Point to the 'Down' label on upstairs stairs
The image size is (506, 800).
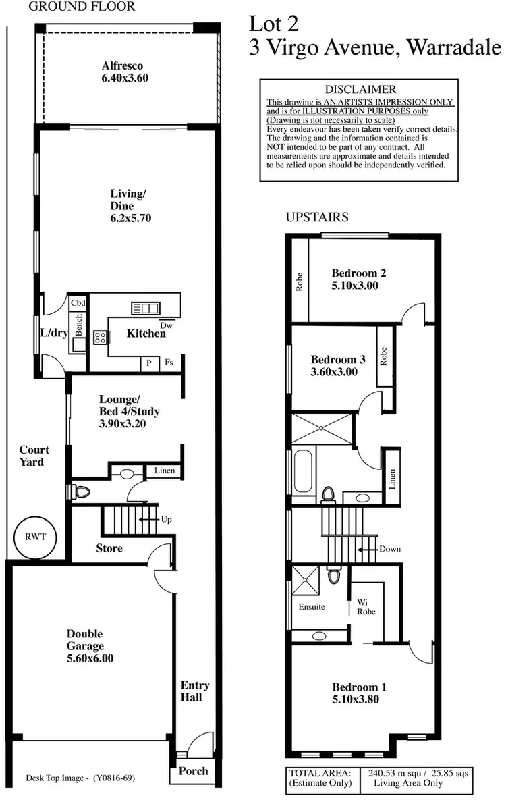[390, 549]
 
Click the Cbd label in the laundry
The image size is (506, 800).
[78, 303]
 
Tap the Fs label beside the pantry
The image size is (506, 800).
[169, 363]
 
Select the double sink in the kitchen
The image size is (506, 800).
[145, 309]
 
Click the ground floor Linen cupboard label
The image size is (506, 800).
[165, 471]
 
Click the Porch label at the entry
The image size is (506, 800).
[193, 770]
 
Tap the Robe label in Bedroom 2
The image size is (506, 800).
[300, 281]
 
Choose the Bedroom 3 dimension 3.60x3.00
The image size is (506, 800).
[334, 371]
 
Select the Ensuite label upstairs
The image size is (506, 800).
[312, 606]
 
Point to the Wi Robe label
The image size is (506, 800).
[366, 606]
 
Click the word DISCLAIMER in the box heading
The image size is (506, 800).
[360, 89]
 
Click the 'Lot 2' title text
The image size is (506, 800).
[274, 24]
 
